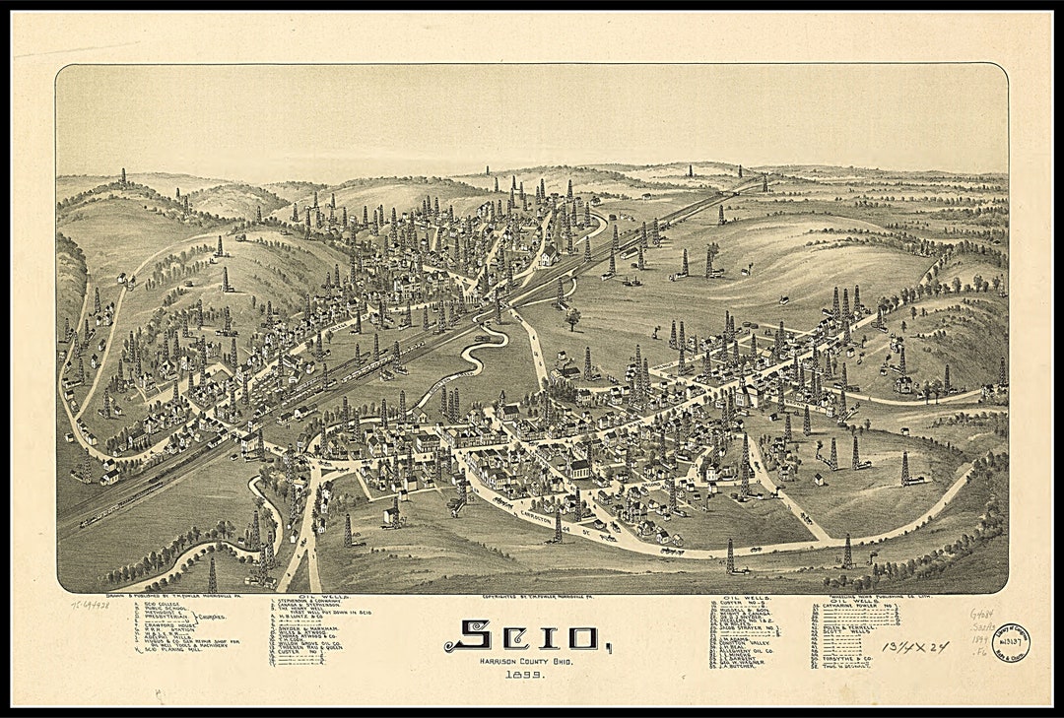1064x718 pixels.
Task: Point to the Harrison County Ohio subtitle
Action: pos(522,660)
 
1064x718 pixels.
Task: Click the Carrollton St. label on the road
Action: pos(552,511)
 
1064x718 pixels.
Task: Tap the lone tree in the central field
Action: pos(572,317)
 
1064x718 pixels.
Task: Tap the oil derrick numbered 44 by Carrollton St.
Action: pos(557,532)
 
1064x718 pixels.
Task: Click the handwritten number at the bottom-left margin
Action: pos(90,604)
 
